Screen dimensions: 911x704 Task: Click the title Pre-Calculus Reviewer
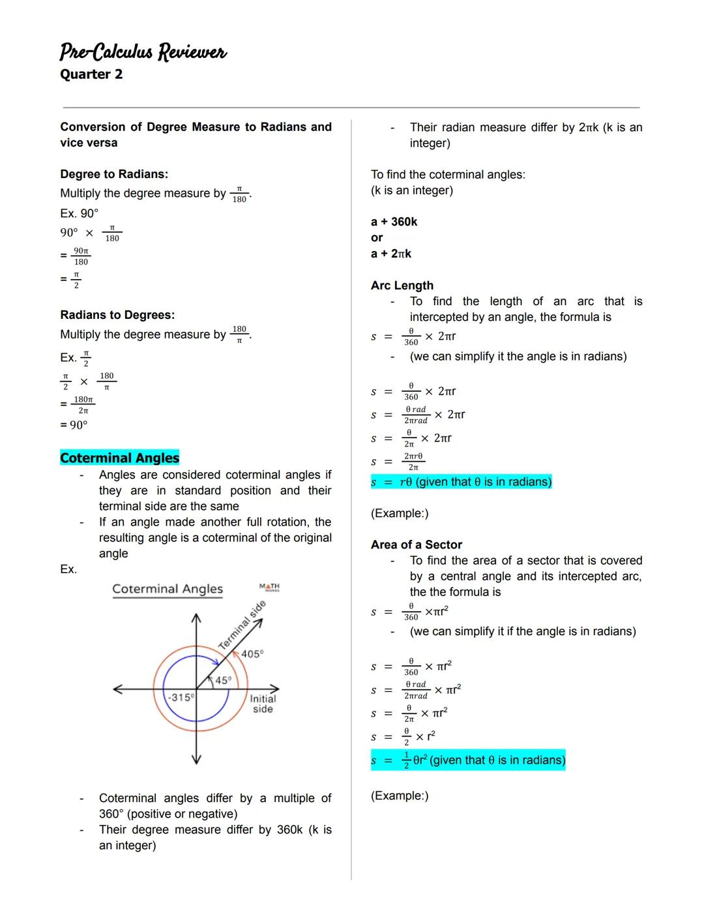[143, 52]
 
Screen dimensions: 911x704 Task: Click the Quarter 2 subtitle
[91, 74]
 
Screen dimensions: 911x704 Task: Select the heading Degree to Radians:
[114, 174]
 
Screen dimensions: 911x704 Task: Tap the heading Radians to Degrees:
[117, 315]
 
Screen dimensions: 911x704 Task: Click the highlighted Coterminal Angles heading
[119, 458]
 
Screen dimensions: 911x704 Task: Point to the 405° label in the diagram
[252, 653]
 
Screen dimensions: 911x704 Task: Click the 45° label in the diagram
[223, 680]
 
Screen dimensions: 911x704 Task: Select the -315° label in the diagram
[180, 697]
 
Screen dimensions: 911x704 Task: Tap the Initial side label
[263, 704]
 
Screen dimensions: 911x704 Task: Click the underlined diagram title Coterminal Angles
[168, 589]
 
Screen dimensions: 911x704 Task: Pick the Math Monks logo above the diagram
[269, 587]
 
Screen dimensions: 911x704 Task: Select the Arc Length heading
[402, 285]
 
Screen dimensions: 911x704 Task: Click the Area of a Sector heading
[417, 545]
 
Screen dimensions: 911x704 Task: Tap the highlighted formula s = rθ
[461, 482]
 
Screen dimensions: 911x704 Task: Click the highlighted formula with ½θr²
[468, 760]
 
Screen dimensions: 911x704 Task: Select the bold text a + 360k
[394, 222]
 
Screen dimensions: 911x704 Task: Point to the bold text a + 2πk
[391, 254]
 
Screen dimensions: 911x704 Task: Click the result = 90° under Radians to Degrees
[74, 425]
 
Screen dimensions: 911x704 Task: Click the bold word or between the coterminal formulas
[377, 237]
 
